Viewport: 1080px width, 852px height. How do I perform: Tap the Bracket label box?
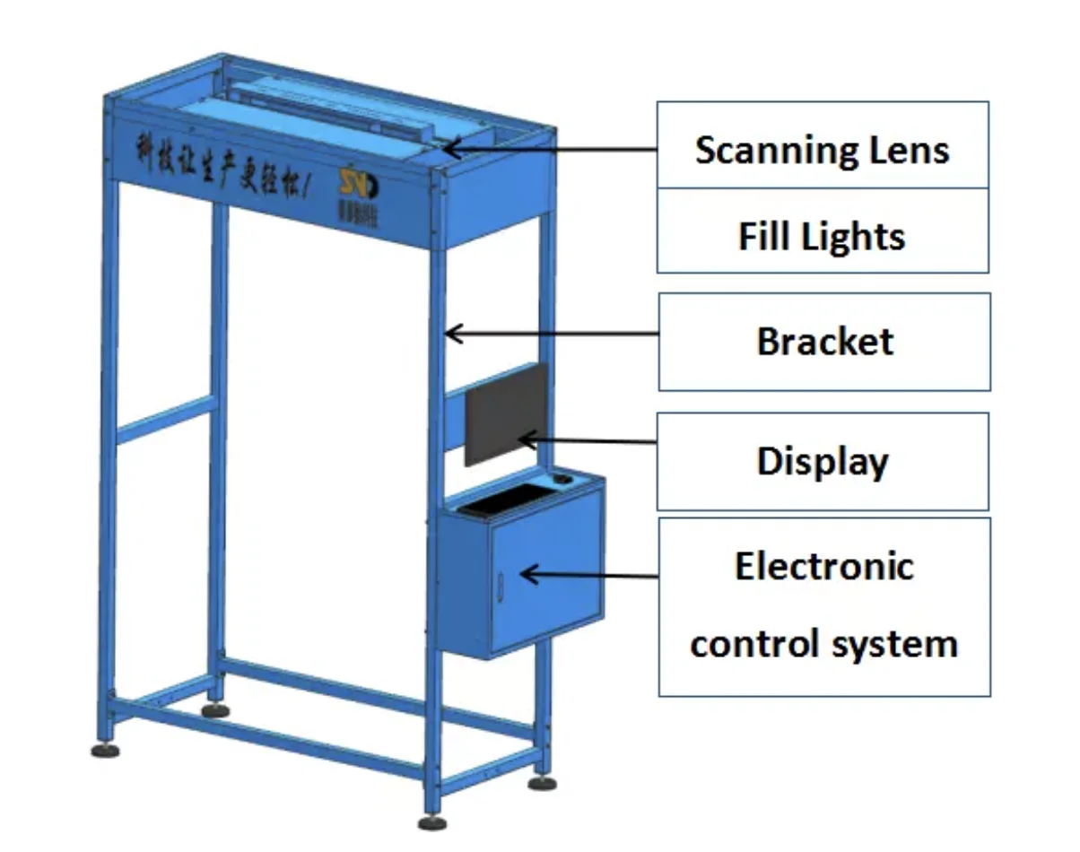(824, 342)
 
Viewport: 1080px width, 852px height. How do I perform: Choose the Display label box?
(823, 461)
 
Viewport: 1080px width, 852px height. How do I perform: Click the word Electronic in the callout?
(824, 567)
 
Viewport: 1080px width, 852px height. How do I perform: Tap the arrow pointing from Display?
(588, 440)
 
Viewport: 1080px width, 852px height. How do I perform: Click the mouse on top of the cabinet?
(562, 480)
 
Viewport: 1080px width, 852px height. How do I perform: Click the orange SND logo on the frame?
(359, 184)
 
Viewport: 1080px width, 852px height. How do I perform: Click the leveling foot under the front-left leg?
(105, 749)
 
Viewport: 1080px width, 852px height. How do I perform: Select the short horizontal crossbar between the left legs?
(166, 422)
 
